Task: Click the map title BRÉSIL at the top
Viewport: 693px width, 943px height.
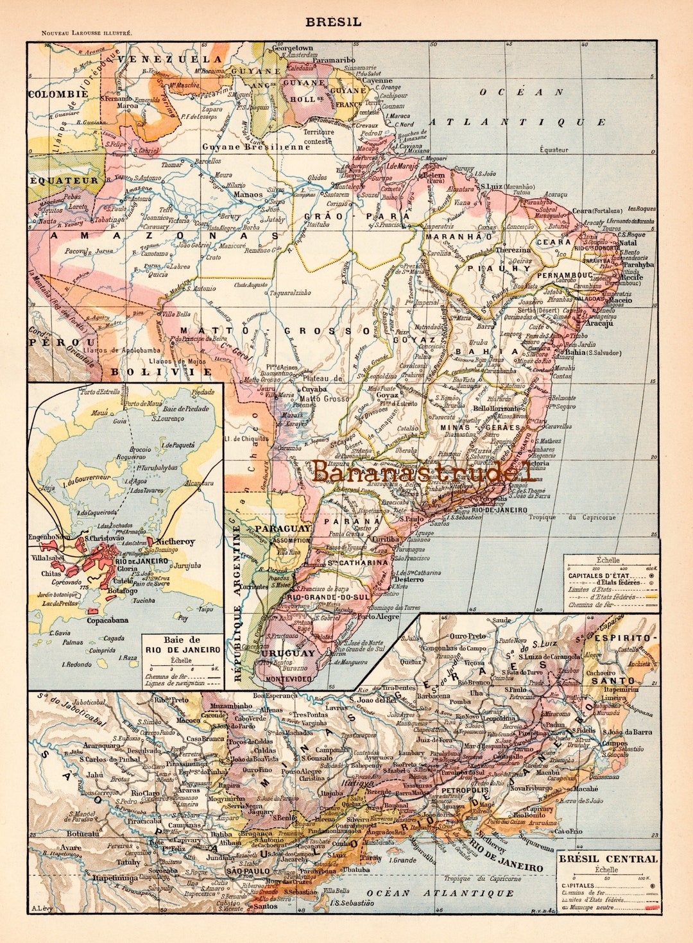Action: click(333, 22)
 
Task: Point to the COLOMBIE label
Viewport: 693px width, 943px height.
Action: click(57, 94)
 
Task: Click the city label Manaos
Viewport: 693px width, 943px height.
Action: click(248, 194)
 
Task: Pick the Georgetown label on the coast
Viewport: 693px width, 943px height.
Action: click(293, 48)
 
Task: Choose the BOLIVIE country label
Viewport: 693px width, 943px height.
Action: click(161, 371)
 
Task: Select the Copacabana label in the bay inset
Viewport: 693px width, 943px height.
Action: click(107, 620)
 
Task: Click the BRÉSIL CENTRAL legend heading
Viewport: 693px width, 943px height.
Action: click(608, 859)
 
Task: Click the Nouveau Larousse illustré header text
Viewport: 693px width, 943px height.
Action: click(87, 33)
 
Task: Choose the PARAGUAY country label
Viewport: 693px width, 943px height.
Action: click(283, 529)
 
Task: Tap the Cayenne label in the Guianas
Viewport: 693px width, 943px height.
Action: click(377, 81)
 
